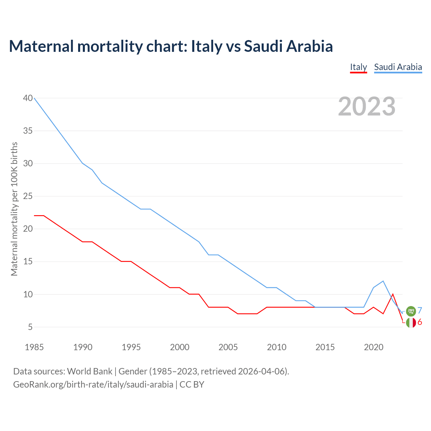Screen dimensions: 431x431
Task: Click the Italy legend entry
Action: click(x=358, y=67)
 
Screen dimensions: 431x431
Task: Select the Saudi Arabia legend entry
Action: click(x=398, y=67)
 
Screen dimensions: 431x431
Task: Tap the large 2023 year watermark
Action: click(x=367, y=106)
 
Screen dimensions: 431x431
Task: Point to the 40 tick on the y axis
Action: click(x=28, y=98)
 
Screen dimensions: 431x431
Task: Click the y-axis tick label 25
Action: click(x=28, y=196)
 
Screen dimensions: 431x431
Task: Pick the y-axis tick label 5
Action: click(x=30, y=327)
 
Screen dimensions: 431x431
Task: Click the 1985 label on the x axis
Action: click(x=34, y=347)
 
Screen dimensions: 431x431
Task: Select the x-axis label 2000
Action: click(x=179, y=347)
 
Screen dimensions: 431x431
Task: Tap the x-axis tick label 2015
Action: click(x=325, y=347)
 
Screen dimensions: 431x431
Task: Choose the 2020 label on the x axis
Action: click(x=373, y=347)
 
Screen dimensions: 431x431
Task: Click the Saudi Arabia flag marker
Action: click(x=411, y=311)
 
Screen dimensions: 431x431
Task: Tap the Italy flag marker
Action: click(x=411, y=323)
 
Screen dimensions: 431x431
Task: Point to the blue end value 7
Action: click(x=420, y=310)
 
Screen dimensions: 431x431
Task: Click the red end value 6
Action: click(x=420, y=322)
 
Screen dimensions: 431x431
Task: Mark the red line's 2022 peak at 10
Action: click(x=393, y=294)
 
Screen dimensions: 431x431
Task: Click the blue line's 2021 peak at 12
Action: click(x=383, y=281)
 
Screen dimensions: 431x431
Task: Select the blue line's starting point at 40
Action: click(x=34, y=98)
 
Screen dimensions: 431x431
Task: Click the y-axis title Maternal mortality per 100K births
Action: click(x=14, y=209)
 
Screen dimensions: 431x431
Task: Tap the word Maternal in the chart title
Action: click(x=41, y=46)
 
